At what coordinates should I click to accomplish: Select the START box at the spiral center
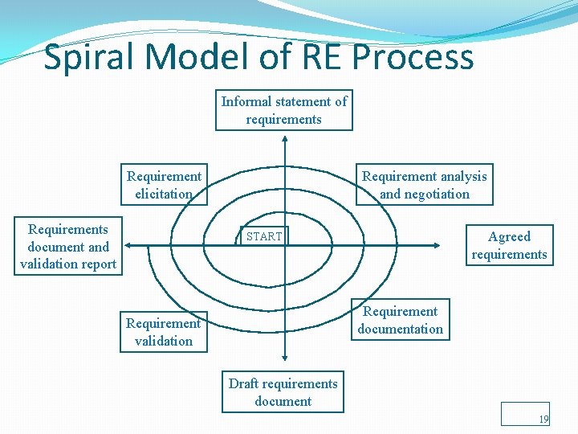(x=264, y=236)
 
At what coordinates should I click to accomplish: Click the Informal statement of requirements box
(x=283, y=111)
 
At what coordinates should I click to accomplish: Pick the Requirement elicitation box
(x=164, y=185)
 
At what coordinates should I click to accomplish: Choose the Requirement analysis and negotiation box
(x=424, y=185)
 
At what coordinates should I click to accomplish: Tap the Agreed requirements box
(x=509, y=245)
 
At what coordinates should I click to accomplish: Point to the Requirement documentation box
(x=401, y=320)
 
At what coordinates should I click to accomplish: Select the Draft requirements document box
(x=283, y=392)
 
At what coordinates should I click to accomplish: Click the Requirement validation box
(x=163, y=332)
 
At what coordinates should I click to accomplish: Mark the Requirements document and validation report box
(x=68, y=247)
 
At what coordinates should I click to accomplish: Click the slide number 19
(x=543, y=420)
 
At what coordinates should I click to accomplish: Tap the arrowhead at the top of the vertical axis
(x=283, y=137)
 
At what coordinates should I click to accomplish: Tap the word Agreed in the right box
(x=509, y=236)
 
